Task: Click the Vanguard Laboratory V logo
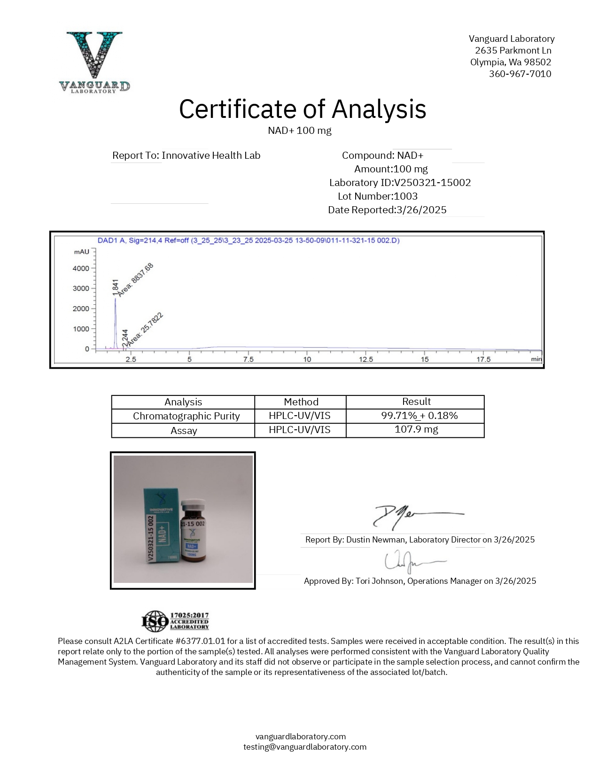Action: click(x=94, y=61)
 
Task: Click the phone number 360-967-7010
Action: click(x=520, y=74)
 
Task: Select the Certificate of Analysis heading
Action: click(x=303, y=109)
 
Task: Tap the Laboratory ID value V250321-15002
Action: click(x=432, y=183)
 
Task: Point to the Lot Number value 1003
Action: click(x=405, y=196)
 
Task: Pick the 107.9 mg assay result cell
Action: click(x=416, y=430)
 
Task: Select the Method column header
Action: click(x=301, y=402)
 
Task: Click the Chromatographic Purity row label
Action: click(x=186, y=416)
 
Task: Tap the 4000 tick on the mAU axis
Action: click(x=81, y=268)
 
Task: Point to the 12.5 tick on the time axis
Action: click(x=366, y=359)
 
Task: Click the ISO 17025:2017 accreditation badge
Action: click(x=175, y=621)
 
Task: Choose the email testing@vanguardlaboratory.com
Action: click(x=305, y=747)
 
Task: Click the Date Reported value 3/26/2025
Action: click(x=421, y=210)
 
